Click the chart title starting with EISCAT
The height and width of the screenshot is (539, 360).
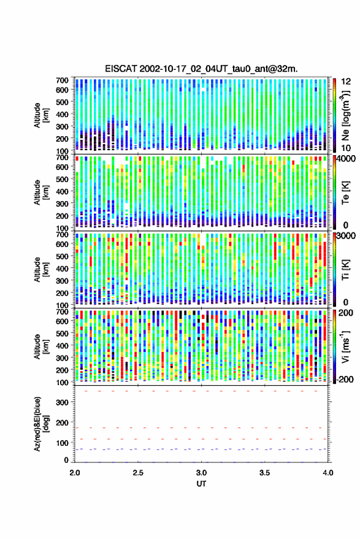[x=201, y=69]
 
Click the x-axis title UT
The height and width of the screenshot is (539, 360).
[x=201, y=484]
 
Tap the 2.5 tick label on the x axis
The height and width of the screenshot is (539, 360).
[x=138, y=473]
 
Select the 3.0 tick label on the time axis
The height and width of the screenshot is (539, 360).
[x=201, y=473]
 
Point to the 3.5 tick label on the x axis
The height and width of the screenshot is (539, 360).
[x=264, y=473]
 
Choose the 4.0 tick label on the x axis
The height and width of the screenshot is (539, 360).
[x=327, y=473]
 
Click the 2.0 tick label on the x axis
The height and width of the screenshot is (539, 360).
[x=75, y=473]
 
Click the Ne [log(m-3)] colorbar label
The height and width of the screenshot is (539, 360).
[x=345, y=115]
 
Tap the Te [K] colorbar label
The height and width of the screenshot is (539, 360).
[x=345, y=193]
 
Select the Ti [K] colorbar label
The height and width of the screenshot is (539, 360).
[x=345, y=270]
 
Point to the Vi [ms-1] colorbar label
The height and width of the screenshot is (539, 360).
[x=345, y=346]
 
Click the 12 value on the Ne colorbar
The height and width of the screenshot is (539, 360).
[x=346, y=82]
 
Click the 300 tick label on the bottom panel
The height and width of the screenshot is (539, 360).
[x=62, y=402]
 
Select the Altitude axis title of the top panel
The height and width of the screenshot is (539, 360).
[x=41, y=115]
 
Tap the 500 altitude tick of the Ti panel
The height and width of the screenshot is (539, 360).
[x=62, y=256]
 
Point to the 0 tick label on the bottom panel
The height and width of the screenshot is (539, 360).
[x=66, y=460]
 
